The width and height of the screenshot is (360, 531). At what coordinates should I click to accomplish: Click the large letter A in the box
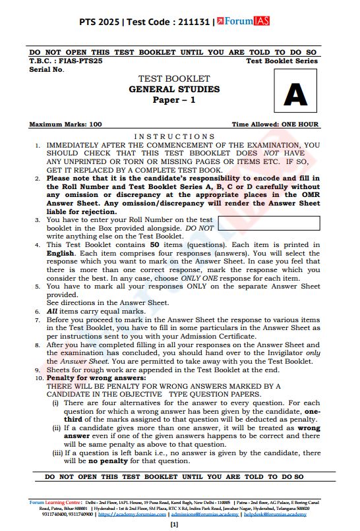tap(295, 96)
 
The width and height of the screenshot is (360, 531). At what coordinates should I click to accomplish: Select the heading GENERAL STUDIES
tap(174, 90)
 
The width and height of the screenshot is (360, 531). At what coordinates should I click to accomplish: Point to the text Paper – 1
tap(174, 100)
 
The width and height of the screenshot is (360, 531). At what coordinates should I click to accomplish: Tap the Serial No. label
tap(47, 69)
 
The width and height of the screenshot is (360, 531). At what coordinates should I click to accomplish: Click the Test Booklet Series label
tap(282, 61)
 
